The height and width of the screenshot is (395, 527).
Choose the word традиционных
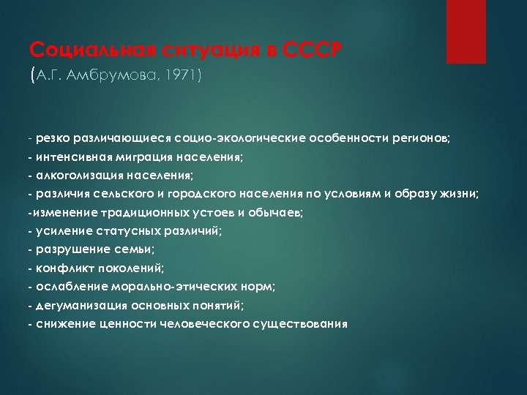[152, 212]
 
